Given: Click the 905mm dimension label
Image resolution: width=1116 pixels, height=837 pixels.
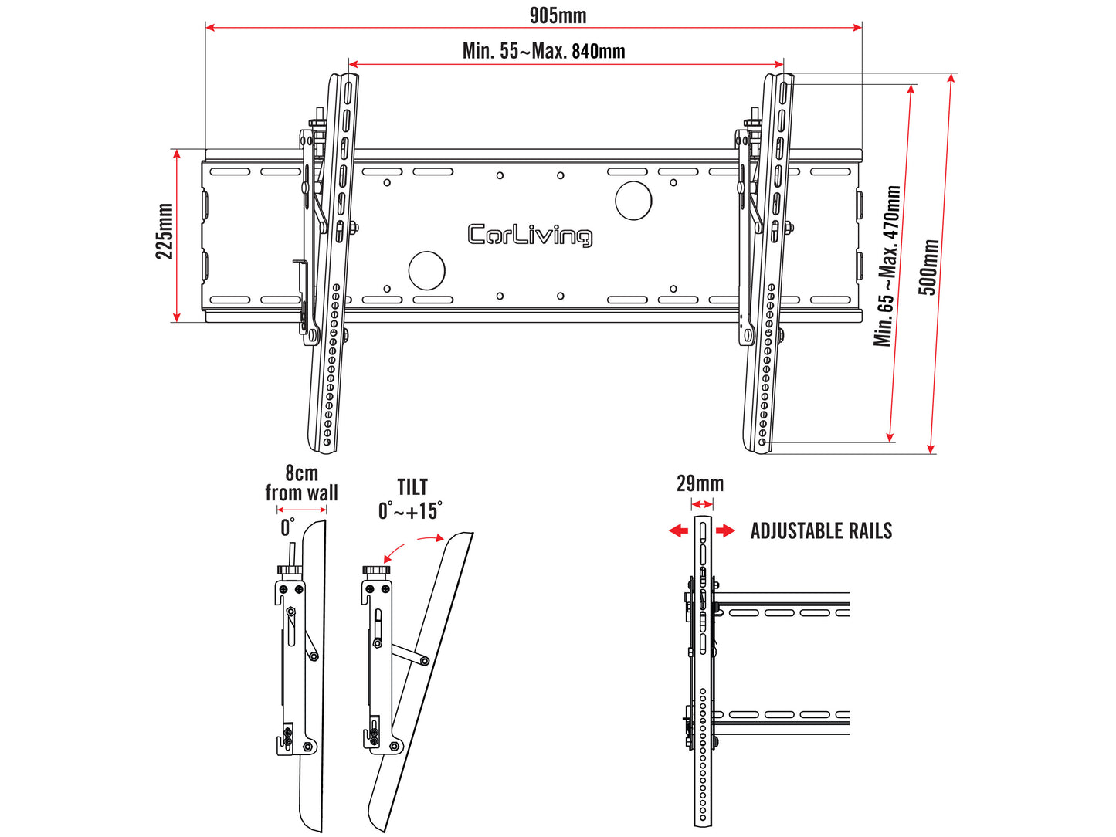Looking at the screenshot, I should [557, 15].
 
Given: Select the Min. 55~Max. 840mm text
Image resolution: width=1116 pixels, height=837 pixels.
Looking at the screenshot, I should [544, 51].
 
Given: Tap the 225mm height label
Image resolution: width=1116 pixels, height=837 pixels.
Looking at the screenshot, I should [165, 231].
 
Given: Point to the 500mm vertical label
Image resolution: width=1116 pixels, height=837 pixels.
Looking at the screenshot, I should [928, 267].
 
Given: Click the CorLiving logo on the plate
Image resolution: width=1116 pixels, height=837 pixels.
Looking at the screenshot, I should [530, 235].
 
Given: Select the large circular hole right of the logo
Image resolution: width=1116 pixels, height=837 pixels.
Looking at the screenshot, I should [633, 201].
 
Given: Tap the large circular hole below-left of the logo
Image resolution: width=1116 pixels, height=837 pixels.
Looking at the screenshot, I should [426, 270].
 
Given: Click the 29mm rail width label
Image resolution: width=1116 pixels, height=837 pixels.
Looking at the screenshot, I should [700, 484].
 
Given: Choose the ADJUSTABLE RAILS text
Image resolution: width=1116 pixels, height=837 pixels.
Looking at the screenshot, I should [821, 531].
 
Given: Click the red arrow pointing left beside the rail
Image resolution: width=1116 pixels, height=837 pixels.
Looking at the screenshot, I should [678, 530].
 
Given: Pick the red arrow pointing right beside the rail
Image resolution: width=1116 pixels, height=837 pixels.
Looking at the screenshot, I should [726, 530].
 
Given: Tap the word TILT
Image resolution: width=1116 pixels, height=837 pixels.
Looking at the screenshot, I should [412, 488].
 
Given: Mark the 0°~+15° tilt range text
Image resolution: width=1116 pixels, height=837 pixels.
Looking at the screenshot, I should [410, 511].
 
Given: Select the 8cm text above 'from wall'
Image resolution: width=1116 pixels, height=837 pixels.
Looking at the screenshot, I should [301, 473].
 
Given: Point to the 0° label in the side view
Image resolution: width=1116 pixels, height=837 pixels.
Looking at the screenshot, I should [287, 527].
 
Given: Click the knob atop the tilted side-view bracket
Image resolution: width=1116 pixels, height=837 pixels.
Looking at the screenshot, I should [377, 571].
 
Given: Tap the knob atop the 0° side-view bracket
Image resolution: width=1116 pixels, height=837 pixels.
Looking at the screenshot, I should [290, 571].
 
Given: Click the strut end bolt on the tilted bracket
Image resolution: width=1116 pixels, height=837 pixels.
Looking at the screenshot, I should [424, 661].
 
